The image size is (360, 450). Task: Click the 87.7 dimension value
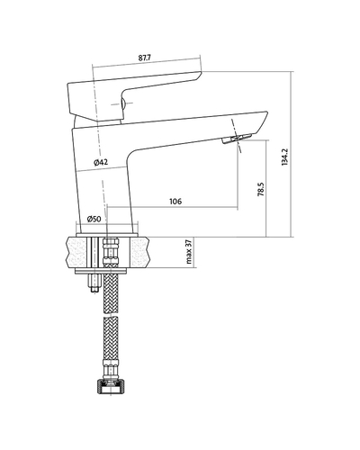(x=145, y=58)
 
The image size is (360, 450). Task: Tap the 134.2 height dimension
(x=284, y=157)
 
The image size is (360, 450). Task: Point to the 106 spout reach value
(x=175, y=201)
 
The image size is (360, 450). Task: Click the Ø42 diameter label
(x=101, y=162)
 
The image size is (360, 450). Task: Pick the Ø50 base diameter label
(x=94, y=219)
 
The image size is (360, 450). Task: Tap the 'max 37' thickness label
(x=189, y=252)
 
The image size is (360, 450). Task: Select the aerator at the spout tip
(x=237, y=139)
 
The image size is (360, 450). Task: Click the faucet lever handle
(x=132, y=95)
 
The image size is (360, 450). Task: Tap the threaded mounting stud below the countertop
(x=94, y=282)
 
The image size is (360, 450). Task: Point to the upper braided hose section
(x=111, y=292)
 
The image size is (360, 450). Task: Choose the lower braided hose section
(x=111, y=338)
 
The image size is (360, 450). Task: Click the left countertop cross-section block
(x=77, y=252)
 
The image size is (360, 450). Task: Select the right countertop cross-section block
(x=139, y=252)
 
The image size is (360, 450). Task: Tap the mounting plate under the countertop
(x=101, y=271)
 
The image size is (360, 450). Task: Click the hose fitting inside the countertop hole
(x=111, y=252)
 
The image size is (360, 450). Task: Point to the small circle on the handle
(x=122, y=103)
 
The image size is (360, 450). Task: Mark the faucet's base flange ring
(x=107, y=235)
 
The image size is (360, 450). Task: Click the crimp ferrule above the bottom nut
(x=111, y=370)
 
